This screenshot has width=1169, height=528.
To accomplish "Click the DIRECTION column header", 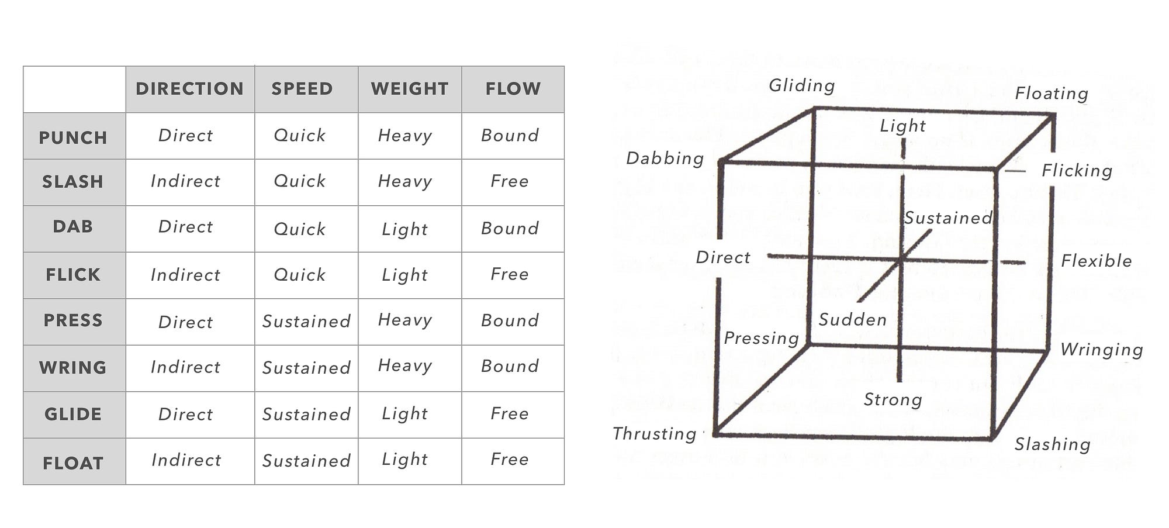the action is [x=189, y=89].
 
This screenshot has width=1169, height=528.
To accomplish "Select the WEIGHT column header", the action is [x=410, y=89].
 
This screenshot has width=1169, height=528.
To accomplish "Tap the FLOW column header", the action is [x=513, y=89].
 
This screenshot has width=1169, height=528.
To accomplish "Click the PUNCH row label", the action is [x=73, y=138].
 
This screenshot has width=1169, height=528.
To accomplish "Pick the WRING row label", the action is [x=73, y=368].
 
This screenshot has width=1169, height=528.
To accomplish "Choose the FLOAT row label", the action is [x=73, y=464].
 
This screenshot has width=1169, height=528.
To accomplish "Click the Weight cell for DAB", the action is [x=405, y=229].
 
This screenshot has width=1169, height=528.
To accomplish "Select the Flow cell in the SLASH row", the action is [x=510, y=181].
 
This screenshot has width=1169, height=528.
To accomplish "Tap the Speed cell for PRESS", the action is [x=306, y=322].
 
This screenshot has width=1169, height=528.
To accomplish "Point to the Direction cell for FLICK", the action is [x=186, y=275].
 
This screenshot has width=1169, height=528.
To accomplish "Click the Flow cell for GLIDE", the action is [x=510, y=414].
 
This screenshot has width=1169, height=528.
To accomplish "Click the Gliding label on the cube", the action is [x=802, y=86].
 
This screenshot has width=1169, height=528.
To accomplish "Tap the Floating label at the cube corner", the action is [x=1052, y=94].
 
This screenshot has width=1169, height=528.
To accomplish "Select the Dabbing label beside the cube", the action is [x=665, y=158].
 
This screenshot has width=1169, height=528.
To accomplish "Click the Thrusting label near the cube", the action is [x=655, y=434].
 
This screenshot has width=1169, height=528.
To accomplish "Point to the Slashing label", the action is [x=1053, y=444].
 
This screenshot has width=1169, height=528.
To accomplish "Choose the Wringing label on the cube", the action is [x=1102, y=350].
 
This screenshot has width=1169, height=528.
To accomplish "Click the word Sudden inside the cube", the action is [x=853, y=320].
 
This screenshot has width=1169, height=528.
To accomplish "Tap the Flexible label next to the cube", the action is [x=1097, y=261].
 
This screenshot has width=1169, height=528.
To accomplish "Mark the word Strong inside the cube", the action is [x=893, y=400].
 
